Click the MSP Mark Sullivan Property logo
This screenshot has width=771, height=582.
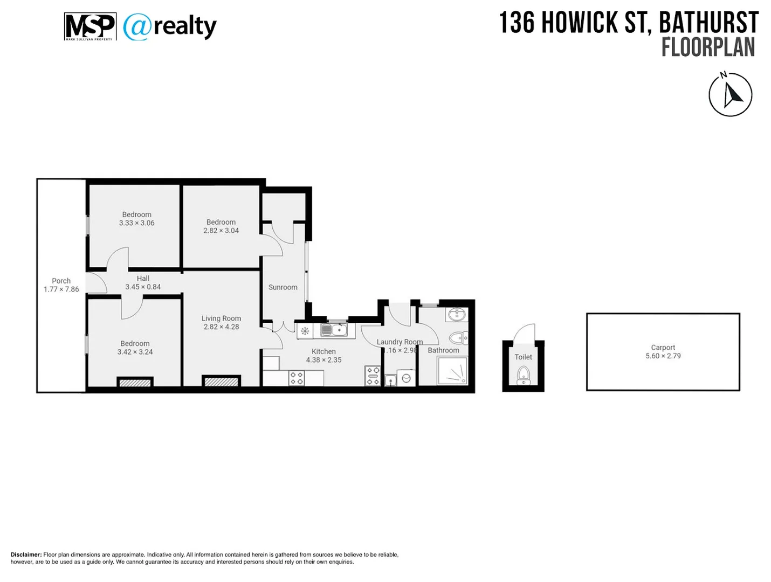coord(90,27)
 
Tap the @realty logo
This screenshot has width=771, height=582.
coord(170,27)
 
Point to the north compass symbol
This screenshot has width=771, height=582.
coord(730,95)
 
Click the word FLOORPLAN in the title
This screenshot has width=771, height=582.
coord(708,47)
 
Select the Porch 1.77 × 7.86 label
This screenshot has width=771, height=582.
coord(61,285)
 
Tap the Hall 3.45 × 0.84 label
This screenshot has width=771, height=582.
coord(143,283)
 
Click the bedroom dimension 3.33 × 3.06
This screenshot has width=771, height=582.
coord(136,223)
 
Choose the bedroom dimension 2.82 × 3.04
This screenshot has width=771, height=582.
coord(221,231)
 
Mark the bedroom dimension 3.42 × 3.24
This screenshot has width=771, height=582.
coord(135,352)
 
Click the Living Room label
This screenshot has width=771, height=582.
coord(221,318)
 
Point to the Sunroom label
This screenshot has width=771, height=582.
coord(283,287)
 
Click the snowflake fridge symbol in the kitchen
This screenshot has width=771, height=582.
coord(305,331)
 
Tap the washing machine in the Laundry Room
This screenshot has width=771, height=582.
coord(407,378)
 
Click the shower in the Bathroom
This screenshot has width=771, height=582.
coord(452,371)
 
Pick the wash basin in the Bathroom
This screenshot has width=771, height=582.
coord(457,314)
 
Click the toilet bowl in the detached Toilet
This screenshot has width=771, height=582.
coord(523,373)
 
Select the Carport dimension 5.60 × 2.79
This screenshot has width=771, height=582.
coord(663,356)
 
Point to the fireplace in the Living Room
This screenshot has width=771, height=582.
coord(221,382)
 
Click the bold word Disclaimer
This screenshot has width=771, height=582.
coord(26,555)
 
